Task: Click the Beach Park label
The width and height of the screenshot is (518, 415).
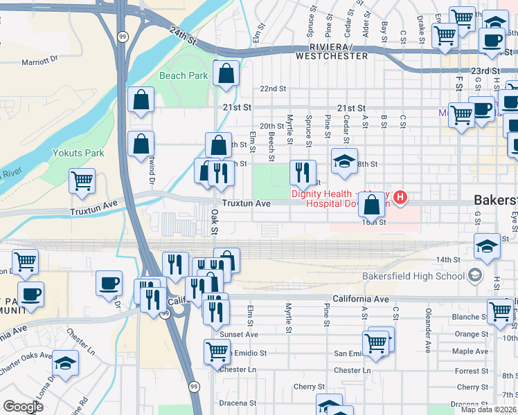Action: tap(184, 75)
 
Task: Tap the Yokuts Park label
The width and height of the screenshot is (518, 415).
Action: tap(78, 152)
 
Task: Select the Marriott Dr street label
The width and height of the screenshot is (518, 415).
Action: tap(42, 62)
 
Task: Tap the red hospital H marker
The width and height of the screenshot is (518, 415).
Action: tap(400, 199)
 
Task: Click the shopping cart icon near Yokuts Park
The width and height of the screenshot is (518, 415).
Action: tap(82, 181)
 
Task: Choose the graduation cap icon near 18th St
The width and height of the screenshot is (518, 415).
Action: tap(344, 161)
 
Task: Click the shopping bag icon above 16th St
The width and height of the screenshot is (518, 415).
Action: tap(372, 204)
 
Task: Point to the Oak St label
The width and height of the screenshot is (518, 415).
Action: tap(215, 221)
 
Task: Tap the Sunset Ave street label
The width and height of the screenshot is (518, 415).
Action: tap(238, 334)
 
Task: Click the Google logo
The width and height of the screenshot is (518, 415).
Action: tap(23, 407)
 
